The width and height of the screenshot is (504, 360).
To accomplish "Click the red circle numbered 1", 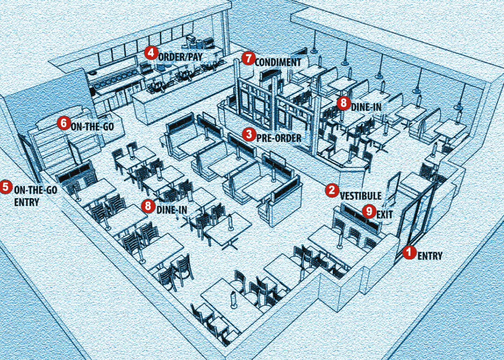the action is click(409, 252).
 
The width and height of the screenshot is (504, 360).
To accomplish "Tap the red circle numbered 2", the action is click(332, 190).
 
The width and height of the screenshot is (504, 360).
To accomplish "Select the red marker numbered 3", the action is click(249, 135).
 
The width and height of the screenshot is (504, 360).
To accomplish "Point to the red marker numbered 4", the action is click(151, 52).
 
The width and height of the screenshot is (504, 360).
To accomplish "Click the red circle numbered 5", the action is click(6, 187).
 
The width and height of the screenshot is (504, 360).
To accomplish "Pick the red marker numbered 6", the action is click(64, 123).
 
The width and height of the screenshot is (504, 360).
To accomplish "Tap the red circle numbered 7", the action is click(248, 59).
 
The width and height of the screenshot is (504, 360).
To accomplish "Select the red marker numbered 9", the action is click(369, 211).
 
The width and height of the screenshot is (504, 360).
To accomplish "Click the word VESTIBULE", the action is click(360, 195).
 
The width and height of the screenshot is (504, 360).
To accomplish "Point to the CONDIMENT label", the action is click(278, 62).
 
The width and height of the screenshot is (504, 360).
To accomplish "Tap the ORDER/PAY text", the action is click(180, 57).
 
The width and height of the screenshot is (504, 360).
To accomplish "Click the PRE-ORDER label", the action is click(279, 138).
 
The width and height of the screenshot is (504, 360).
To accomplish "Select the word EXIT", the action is click(385, 215).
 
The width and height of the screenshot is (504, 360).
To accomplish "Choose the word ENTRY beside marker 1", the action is click(430, 256).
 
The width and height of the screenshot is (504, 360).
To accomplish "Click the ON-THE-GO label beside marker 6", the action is click(92, 126).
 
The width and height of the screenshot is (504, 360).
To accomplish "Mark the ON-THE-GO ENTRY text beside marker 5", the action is click(35, 196).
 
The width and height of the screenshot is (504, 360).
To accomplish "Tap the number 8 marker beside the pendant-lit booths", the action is click(344, 103).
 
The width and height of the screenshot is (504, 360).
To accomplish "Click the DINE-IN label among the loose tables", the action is click(172, 210).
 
